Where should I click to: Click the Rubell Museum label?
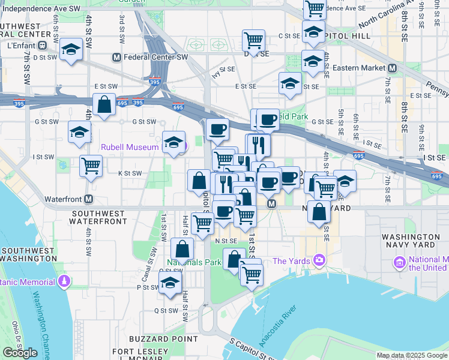click(130, 147)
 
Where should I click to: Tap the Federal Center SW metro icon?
click(117, 58)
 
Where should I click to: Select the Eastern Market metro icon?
click(392, 68)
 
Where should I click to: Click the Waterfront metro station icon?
click(89, 199)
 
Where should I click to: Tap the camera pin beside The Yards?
click(319, 260)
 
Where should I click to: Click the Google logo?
click(20, 353)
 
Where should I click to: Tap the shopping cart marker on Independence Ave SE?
click(315, 10)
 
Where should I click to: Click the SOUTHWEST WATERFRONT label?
click(100, 217)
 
